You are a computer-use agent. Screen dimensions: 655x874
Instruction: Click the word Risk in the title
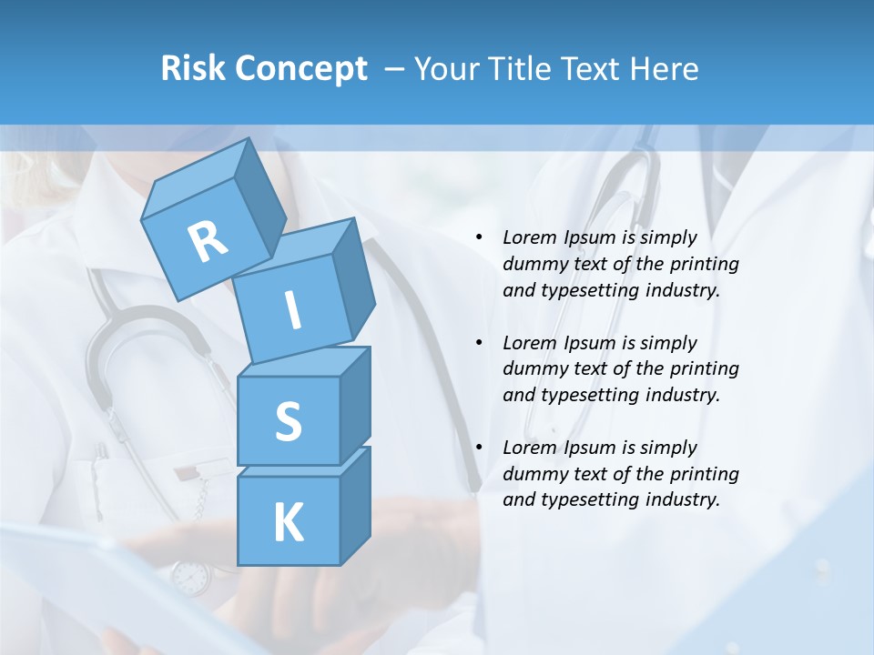pyautogui.click(x=194, y=68)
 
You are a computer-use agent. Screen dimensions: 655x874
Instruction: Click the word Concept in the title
pyautogui.click(x=300, y=69)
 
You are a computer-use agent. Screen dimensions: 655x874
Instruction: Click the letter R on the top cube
pyautogui.click(x=208, y=240)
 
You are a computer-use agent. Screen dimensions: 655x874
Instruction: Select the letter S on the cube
pyautogui.click(x=288, y=422)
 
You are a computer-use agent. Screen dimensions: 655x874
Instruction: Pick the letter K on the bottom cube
pyautogui.click(x=288, y=523)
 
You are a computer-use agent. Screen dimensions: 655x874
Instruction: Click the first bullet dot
pyautogui.click(x=480, y=238)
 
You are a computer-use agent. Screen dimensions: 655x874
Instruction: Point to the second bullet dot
pyautogui.click(x=480, y=343)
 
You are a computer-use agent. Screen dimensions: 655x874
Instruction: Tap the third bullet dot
pyautogui.click(x=480, y=448)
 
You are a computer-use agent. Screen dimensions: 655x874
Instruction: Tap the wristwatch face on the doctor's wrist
pyautogui.click(x=190, y=577)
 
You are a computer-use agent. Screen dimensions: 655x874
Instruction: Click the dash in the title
pyautogui.click(x=396, y=68)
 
